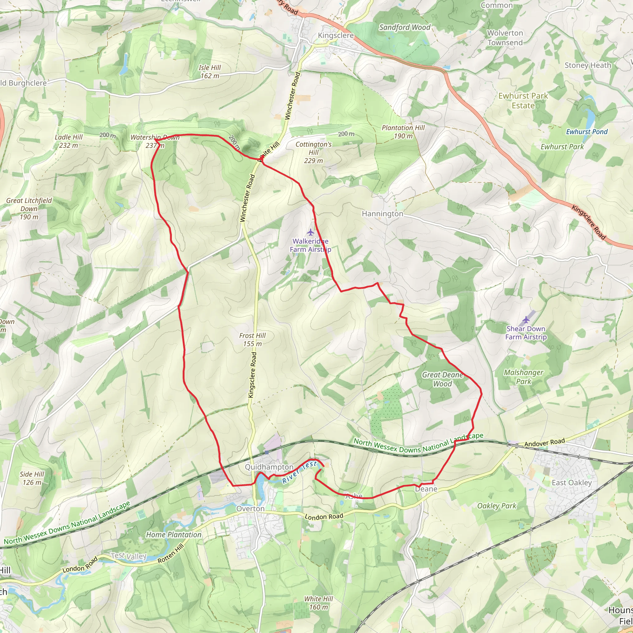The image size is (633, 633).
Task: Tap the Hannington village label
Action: pos(382,214)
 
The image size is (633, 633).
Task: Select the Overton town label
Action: pos(250,509)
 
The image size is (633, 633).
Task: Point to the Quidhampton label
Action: pos(269,467)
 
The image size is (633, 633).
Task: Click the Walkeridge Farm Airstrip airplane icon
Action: pos(310,233)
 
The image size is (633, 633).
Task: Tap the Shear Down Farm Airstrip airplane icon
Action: pos(526,320)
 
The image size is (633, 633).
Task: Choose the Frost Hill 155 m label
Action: pos(252,340)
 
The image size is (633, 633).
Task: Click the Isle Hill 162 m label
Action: pos(210,72)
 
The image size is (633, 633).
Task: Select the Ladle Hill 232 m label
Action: pos(69,141)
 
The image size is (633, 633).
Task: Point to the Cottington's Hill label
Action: pos(313,152)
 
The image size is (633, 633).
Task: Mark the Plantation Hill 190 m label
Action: pos(403,132)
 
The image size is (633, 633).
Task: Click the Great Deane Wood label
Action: pos(442,379)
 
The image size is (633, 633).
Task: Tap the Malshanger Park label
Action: pos(523,377)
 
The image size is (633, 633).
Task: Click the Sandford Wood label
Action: pos(405,28)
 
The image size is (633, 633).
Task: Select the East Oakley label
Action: pos(571,482)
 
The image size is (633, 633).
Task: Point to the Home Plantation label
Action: pos(174,535)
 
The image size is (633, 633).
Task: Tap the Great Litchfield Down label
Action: pos(29,209)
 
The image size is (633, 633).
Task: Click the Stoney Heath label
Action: pos(588,66)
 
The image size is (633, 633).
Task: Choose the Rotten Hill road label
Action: pos(171,553)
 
